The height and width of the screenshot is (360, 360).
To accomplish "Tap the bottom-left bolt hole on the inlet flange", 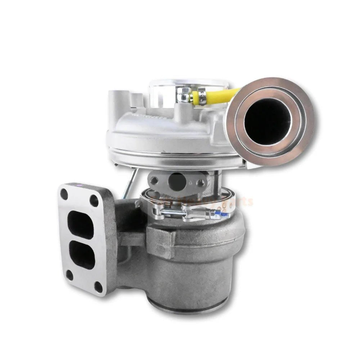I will [70, 275].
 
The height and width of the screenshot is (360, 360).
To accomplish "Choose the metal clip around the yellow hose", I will [203, 98].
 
